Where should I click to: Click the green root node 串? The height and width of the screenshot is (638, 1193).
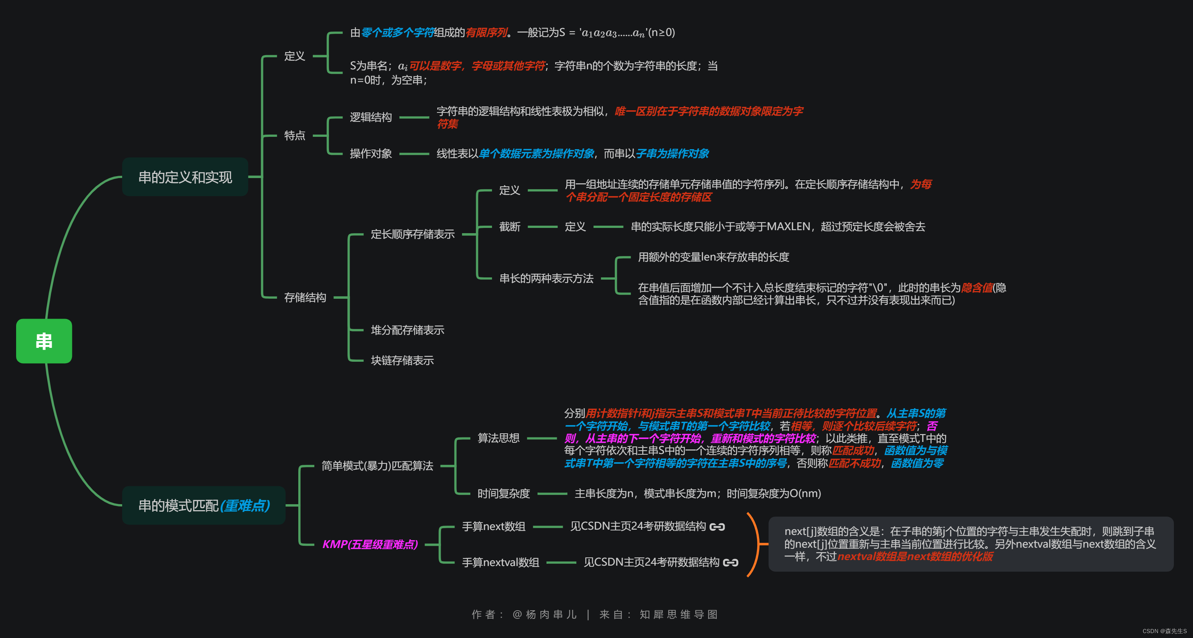click(44, 341)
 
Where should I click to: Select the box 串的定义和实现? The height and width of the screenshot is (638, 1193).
click(185, 177)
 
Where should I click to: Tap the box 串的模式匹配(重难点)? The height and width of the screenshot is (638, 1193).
click(204, 505)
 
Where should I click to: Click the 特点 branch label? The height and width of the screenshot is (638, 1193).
click(295, 135)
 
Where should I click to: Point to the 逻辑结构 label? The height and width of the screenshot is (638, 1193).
click(371, 117)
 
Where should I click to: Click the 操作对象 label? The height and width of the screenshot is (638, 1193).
click(371, 153)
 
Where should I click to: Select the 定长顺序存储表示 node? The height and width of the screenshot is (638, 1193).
click(412, 234)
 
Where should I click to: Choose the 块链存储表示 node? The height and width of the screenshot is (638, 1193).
click(402, 361)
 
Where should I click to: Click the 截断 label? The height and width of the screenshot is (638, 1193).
click(510, 226)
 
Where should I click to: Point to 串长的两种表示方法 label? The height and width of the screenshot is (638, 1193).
click(546, 279)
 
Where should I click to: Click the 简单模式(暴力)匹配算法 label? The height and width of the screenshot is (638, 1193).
click(377, 466)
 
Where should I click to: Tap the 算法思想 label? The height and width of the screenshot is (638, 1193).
click(498, 438)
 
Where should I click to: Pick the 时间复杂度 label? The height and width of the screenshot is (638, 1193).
click(504, 493)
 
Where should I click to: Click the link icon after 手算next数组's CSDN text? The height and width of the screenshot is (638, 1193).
click(717, 527)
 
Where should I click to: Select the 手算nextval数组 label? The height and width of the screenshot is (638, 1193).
click(500, 563)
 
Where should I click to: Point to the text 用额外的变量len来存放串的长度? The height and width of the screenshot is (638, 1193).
click(713, 257)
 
